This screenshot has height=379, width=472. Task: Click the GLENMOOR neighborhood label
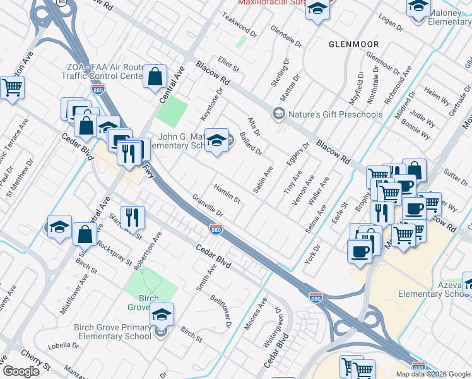354,44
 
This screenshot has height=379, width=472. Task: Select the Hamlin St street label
227,194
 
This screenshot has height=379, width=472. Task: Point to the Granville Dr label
208,206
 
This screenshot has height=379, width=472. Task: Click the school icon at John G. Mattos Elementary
216,140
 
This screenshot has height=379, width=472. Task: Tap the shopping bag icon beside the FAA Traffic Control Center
155,76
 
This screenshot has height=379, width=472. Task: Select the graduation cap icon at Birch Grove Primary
162,314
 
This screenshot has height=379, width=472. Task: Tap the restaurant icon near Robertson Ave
133,217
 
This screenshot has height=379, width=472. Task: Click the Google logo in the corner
21,371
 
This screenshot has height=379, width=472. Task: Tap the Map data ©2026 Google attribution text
433,373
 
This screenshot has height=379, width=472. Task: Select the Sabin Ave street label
262,179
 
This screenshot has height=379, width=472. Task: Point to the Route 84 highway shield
60,2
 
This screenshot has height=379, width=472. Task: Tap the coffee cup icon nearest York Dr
360,250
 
